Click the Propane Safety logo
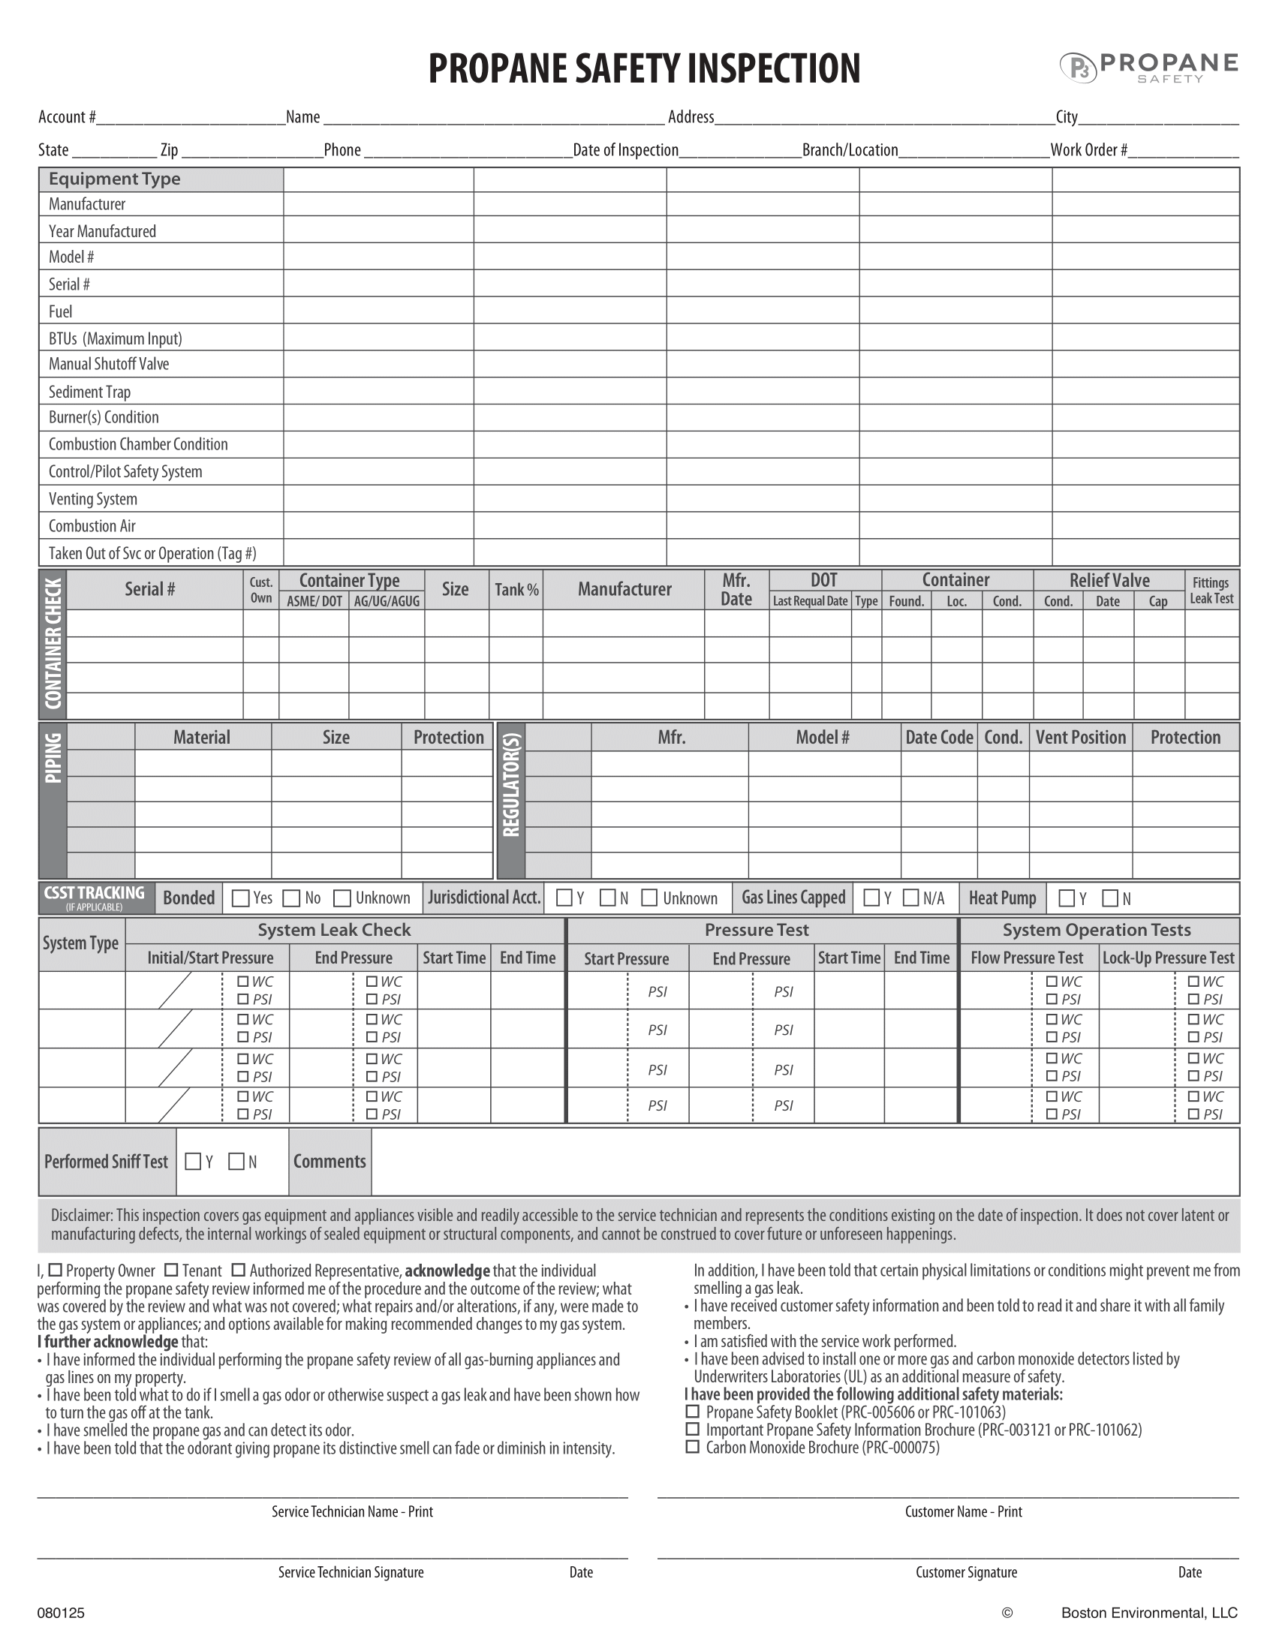pos(1148,67)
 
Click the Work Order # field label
pos(1088,149)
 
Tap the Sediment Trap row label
pos(89,392)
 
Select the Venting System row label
pos(93,499)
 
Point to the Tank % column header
pos(516,590)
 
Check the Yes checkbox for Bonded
pos(241,898)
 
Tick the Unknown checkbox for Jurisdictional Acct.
pos(649,898)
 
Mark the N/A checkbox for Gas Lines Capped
pos(911,898)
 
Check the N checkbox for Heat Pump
pos(1110,898)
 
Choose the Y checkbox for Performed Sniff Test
pos(194,1161)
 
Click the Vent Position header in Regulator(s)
pos(1080,737)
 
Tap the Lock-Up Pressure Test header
pos(1168,958)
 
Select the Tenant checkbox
pos(172,1270)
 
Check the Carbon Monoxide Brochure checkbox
pos(693,1447)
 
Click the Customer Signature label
pos(966,1572)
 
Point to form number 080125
pos(62,1613)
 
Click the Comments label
pos(330,1161)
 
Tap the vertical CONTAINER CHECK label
pos(53,644)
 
